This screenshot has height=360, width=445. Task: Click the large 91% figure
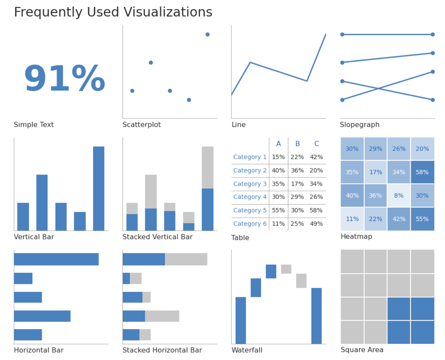[x=65, y=79]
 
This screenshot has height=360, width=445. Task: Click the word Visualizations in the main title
[x=168, y=12]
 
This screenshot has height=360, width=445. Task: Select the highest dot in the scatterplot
[x=208, y=35]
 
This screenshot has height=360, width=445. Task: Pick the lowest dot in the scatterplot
[x=189, y=100]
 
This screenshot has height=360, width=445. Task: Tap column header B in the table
[x=297, y=144]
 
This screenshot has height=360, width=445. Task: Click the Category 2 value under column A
[x=278, y=170]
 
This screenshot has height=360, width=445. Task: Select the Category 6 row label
[x=250, y=224]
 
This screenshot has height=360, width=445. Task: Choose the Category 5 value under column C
[x=316, y=210]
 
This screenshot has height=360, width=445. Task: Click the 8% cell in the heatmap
[x=399, y=196]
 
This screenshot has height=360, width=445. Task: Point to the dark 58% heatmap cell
[x=422, y=172]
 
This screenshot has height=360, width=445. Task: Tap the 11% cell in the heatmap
[x=352, y=219]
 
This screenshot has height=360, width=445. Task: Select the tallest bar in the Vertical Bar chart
[x=99, y=188]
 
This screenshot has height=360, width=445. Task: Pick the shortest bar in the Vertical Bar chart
[x=80, y=221]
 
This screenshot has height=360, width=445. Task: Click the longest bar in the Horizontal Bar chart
[x=56, y=259]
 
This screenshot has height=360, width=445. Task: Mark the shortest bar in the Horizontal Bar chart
[x=23, y=278]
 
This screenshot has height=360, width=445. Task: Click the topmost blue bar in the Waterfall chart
[x=271, y=271]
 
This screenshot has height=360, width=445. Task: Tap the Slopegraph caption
[x=360, y=125]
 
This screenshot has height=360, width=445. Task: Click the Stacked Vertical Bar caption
[x=157, y=237]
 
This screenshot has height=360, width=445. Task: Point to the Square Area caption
[x=362, y=350]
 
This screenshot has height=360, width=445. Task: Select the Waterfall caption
[x=247, y=350]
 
